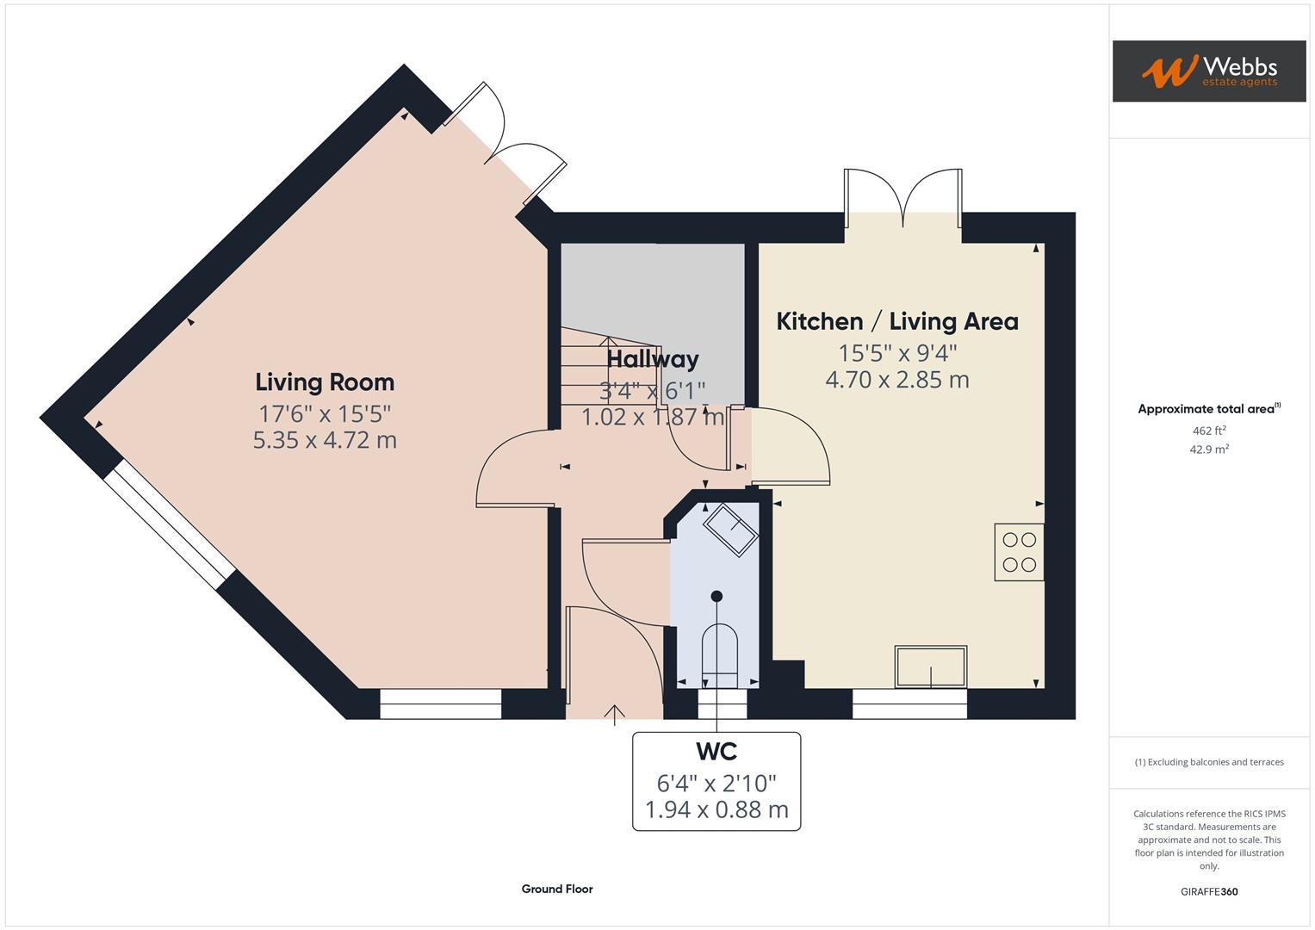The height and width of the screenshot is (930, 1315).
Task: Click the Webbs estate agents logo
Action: click(1208, 71)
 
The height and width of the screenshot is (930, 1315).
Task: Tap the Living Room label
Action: click(325, 382)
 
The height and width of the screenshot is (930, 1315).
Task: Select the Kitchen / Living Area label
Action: click(897, 321)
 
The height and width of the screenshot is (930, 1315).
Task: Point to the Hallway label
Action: click(653, 359)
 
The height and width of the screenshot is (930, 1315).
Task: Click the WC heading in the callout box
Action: click(716, 752)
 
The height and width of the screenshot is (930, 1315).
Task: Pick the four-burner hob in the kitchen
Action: click(1019, 552)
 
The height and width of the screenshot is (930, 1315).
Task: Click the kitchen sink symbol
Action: click(930, 666)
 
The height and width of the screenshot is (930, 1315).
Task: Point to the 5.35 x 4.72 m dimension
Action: click(325, 440)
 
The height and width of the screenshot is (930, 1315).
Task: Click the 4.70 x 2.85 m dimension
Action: click(897, 380)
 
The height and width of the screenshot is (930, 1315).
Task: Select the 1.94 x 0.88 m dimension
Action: click(716, 810)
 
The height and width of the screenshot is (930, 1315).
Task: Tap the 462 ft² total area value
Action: click(1208, 431)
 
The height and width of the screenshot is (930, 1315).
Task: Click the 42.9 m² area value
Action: click(1208, 449)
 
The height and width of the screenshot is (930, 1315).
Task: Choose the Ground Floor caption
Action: click(557, 889)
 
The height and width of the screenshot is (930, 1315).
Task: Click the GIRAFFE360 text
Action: click(1208, 892)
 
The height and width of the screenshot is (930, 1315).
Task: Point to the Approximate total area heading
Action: click(1208, 409)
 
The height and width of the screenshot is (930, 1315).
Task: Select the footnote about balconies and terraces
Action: click(1208, 762)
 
